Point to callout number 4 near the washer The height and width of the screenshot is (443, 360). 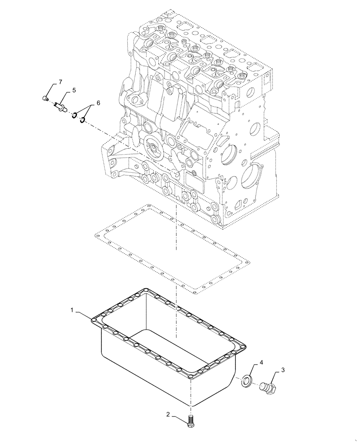point(261,362)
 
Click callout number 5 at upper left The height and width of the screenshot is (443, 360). point(74,90)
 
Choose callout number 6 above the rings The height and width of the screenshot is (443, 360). point(98,103)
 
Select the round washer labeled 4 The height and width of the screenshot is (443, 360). point(247,380)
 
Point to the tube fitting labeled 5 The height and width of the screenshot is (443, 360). point(60,106)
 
